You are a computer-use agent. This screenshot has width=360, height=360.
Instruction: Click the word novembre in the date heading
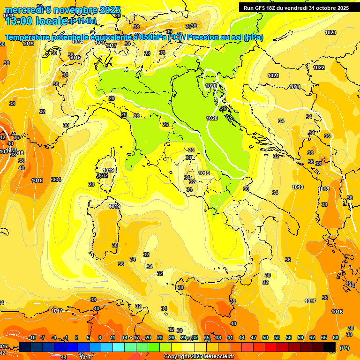click(x=78, y=10)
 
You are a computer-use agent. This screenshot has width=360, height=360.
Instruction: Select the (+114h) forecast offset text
click(x=83, y=21)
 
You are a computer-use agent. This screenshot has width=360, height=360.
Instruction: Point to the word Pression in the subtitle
click(x=205, y=37)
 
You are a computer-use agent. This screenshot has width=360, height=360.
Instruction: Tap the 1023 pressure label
click(x=330, y=32)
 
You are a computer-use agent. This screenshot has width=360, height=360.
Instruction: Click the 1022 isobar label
click(x=319, y=67)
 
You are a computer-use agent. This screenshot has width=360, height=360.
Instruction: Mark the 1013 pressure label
click(x=28, y=44)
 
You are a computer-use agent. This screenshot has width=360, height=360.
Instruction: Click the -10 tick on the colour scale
click(x=32, y=337)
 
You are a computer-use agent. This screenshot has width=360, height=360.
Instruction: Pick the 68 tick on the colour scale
click(x=336, y=337)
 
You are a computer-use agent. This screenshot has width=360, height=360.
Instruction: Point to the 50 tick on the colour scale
click(x=265, y=337)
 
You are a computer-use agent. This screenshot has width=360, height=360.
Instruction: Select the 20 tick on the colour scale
click(x=148, y=337)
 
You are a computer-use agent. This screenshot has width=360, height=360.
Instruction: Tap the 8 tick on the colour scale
click(x=100, y=337)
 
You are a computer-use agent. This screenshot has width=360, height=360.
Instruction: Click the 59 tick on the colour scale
click(x=300, y=337)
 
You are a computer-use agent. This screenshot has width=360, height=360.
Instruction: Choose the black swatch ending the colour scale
click(x=330, y=347)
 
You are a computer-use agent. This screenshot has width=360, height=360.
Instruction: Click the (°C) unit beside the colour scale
click(x=344, y=347)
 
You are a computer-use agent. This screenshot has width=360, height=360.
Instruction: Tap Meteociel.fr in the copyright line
click(x=218, y=357)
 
